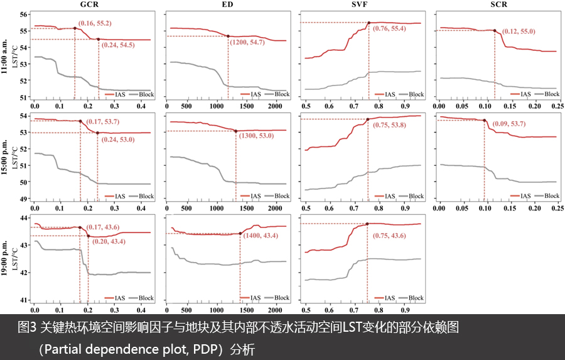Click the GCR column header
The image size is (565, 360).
(92, 4)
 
